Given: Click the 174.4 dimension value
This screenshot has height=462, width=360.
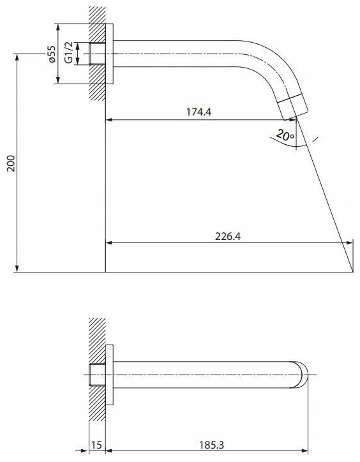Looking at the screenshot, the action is [x=199, y=112].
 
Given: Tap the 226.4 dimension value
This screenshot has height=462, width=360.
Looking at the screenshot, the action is [x=228, y=236].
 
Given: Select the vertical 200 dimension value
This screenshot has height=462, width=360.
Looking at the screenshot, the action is [x=11, y=163].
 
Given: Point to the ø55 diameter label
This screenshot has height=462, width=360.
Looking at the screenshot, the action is [x=52, y=54].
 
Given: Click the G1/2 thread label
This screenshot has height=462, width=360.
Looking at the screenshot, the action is [x=68, y=52].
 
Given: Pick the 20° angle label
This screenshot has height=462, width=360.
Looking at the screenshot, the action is [x=285, y=135].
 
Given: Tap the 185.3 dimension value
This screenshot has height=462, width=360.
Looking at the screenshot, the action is [x=211, y=445].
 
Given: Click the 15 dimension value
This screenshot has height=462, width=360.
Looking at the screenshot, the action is [x=97, y=445].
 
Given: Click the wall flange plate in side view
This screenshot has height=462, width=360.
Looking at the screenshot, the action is [x=109, y=54].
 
